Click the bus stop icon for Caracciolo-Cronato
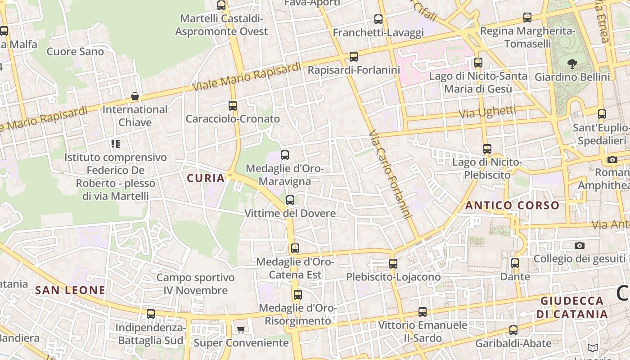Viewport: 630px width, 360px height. tap(233, 106)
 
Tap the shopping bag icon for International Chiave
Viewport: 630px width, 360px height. tap(135, 96)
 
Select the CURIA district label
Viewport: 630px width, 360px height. tap(206, 178)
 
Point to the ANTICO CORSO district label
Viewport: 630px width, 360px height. tap(512, 206)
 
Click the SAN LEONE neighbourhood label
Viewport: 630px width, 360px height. tap(70, 290)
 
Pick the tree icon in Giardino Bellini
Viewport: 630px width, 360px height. tap(572, 64)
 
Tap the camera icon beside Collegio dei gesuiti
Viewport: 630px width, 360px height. tap(580, 245)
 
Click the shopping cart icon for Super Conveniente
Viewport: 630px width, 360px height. tap(241, 330)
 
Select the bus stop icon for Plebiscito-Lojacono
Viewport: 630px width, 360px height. tap(393, 264)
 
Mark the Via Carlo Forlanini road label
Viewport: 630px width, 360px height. tap(390, 175)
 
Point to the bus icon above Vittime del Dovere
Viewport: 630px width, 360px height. tap(290, 200)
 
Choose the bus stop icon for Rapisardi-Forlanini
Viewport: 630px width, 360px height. tap(354, 57)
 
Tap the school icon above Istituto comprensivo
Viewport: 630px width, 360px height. tap(116, 144)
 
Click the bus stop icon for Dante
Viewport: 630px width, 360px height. tap(515, 263)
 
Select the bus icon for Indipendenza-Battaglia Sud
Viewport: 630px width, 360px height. tap(151, 314)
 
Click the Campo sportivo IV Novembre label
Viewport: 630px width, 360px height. tap(195, 284)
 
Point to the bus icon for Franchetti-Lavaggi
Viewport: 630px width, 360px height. tap(378, 19)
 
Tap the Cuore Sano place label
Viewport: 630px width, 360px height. tap(75, 52)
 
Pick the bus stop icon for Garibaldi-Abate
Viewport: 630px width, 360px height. tap(513, 330)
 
